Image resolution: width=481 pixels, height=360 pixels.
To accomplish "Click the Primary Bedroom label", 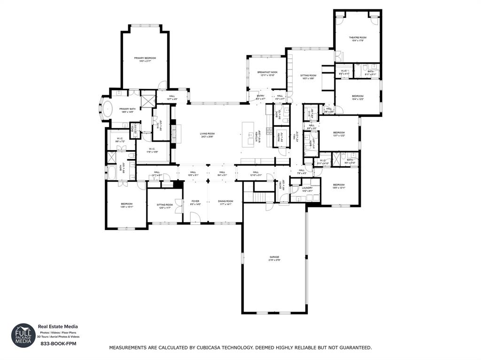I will (145, 58).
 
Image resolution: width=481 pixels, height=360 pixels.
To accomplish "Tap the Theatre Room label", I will (357, 38).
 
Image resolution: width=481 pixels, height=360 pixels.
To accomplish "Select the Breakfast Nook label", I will (267, 73).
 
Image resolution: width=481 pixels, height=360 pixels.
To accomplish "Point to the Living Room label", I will (207, 134).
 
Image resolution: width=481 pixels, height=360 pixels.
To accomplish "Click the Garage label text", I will (274, 257).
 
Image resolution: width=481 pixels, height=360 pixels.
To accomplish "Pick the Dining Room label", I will (225, 201).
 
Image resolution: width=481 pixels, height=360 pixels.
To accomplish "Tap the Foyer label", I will (195, 201).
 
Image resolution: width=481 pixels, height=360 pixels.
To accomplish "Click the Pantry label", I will (281, 134).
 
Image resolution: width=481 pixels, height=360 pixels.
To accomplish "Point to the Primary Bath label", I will (127, 109).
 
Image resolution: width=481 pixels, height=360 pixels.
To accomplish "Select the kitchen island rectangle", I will (248, 134).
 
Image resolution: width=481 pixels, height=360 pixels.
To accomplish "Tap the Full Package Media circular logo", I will (23, 335).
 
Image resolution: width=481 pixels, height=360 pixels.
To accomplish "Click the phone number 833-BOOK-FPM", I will (58, 344).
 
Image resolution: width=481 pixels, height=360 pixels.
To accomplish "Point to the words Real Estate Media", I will (58, 327).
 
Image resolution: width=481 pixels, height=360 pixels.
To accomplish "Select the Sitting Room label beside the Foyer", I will (164, 205).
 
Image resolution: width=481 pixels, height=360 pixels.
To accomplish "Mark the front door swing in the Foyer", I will (195, 218).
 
